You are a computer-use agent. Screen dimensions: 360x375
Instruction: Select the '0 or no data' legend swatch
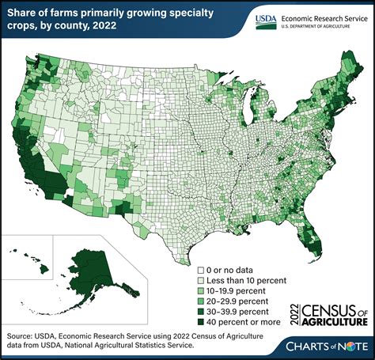coord(202,270)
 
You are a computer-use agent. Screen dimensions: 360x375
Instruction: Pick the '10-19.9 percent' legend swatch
coord(202,294)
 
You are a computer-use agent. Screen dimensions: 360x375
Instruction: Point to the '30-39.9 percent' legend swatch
coord(202,317)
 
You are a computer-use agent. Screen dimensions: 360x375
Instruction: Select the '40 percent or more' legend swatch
coord(202,329)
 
